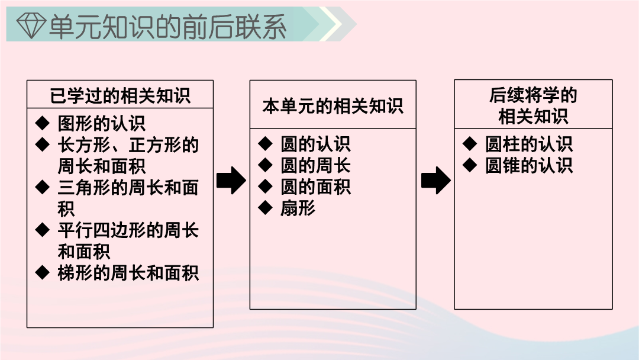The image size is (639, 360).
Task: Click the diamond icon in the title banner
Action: pos(31,25)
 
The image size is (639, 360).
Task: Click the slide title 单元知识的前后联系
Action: pos(167,26)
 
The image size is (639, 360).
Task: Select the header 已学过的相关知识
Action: pos(120,96)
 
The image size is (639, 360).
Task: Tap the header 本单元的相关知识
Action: pos(333,106)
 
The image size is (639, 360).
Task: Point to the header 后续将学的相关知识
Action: pos(533,105)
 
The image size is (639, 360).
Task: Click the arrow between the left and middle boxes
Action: pos(231,180)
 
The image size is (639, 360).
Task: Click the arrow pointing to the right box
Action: pos(435,180)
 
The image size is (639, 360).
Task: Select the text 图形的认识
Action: pos(102,123)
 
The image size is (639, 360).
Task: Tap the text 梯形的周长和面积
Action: pos(128,273)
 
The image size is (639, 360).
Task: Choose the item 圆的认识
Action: pos(315,144)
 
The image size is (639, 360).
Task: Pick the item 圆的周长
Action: pos(315,166)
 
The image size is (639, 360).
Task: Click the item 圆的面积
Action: pos(315,187)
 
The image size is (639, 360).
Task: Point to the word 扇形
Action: pos(298,208)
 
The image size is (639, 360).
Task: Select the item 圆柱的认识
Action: pos(529,144)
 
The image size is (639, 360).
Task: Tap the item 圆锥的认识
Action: pos(529,166)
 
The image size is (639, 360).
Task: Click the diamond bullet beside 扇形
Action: pos(265,207)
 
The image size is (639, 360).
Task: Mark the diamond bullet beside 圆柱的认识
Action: pos(470,143)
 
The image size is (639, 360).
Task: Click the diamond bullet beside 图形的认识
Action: pos(43,123)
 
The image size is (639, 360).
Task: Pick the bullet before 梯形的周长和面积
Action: pos(43,272)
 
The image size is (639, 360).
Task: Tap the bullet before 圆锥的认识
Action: pos(470,165)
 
